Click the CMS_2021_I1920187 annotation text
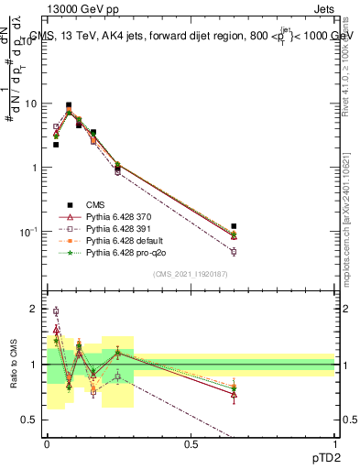[190, 274]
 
